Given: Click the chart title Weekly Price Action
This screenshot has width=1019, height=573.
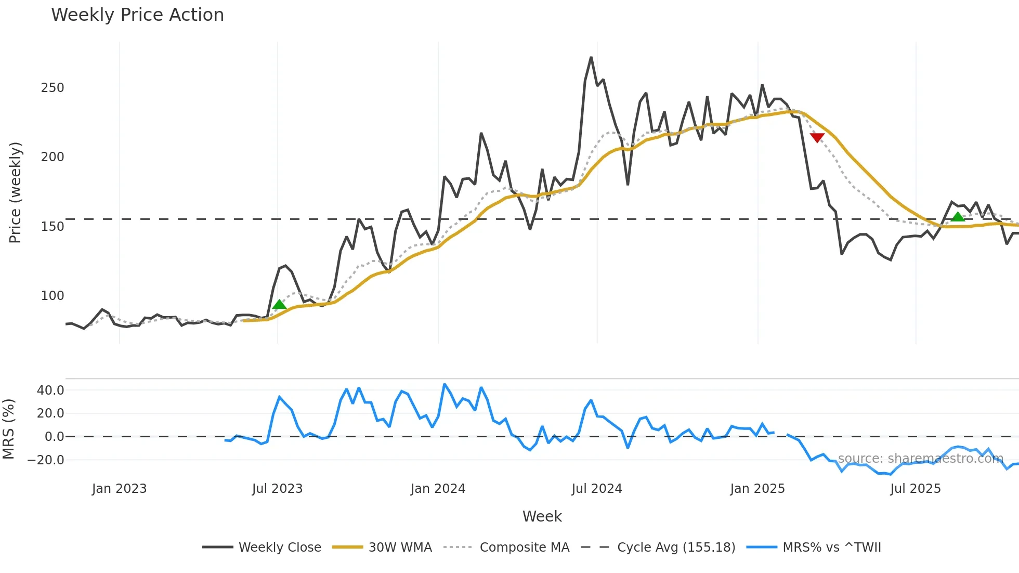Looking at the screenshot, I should pos(137,15).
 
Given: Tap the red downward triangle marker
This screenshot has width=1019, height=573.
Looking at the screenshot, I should pos(817,138).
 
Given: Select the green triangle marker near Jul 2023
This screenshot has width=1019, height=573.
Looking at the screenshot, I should pos(279,305).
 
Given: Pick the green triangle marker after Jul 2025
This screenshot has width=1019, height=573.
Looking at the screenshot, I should pos(958,216).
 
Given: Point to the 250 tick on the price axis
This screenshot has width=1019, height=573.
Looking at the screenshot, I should pos(53,88).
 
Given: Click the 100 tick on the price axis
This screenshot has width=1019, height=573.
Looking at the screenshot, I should pos(53,296).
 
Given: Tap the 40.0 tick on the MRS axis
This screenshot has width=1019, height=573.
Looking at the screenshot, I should pos(50,390).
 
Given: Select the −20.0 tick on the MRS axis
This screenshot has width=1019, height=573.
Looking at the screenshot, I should pos(46,460).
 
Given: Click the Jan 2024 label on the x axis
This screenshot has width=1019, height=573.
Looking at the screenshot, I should pos(438,489).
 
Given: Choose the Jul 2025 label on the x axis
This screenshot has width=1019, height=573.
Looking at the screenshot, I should pos(916,489).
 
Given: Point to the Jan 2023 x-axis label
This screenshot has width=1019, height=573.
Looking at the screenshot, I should pos(119,489).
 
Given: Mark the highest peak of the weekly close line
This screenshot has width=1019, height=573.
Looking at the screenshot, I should pos(591,58).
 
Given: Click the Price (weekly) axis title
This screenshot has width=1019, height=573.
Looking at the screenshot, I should pos(15,192).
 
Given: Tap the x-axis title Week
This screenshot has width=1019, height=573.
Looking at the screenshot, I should pos(542,516).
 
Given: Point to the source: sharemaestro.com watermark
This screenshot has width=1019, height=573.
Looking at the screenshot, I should pos(920,459).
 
